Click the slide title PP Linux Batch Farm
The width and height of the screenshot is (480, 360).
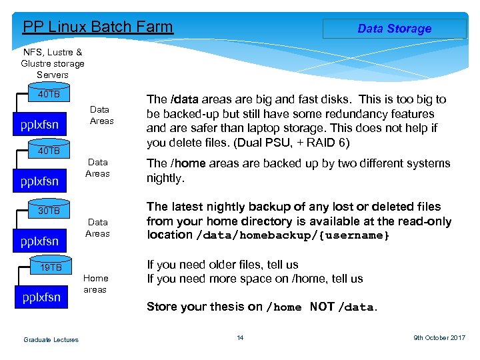point(98,27)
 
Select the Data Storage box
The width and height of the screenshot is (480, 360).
point(394,29)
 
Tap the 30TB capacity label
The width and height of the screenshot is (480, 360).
point(49,211)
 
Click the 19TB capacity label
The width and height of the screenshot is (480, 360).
point(50,268)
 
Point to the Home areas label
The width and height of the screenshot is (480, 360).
point(95,284)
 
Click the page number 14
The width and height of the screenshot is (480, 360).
point(240,338)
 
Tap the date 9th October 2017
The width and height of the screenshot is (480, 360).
point(439,338)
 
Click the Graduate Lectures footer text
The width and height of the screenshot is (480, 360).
point(51,340)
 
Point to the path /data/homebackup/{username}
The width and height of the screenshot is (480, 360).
point(293,235)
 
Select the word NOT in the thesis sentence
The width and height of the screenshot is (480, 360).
point(323,307)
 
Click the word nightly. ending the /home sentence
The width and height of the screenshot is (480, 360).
point(165,178)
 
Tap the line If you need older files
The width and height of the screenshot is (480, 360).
point(223,265)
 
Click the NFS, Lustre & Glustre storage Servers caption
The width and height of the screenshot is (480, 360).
point(53,63)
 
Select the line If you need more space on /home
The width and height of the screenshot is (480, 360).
point(255,279)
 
